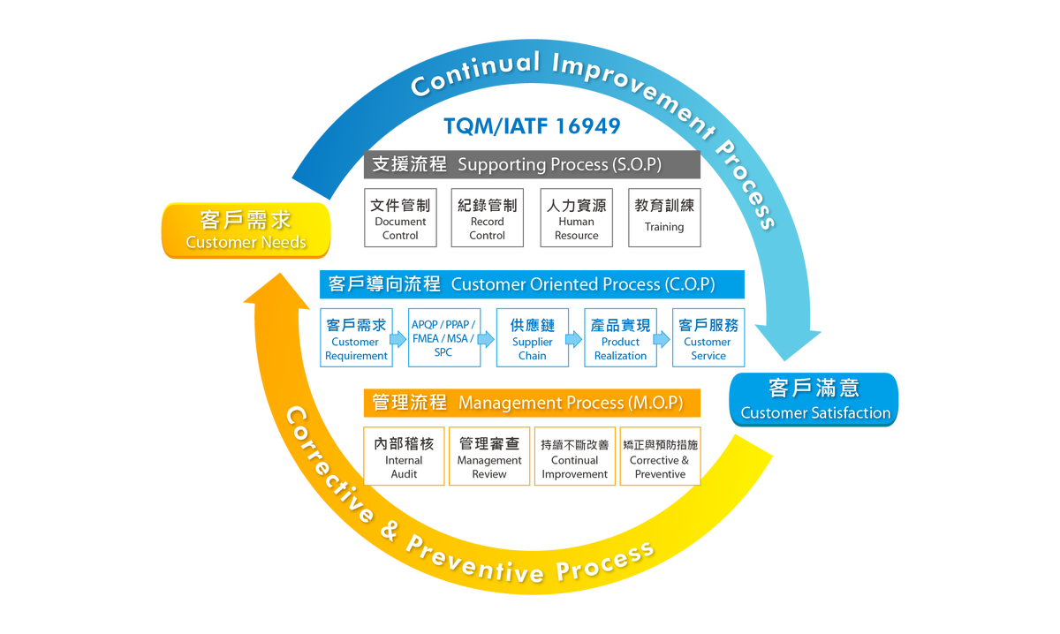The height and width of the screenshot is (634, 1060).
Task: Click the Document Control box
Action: click(400, 217)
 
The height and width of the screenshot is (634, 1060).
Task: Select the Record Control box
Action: click(488, 217)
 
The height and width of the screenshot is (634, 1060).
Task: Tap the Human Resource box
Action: click(576, 217)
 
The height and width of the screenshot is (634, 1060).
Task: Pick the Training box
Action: click(664, 217)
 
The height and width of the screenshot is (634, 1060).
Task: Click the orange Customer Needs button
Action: click(246, 230)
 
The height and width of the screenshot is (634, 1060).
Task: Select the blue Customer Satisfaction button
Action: click(814, 400)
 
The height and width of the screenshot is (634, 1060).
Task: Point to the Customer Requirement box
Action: click(356, 337)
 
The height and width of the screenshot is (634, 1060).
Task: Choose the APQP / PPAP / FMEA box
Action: click(443, 337)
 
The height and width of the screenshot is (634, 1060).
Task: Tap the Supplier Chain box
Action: click(533, 337)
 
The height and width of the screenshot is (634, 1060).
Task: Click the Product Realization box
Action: click(620, 337)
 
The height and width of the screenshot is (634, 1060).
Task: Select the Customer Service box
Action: click(708, 337)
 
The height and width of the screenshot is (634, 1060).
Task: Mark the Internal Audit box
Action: click(404, 456)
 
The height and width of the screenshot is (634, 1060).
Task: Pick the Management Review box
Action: click(489, 456)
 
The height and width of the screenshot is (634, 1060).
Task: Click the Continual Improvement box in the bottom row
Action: click(575, 456)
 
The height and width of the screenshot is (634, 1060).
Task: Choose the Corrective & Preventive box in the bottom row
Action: click(660, 456)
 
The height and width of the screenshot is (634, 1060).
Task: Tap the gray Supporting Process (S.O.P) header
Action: click(532, 165)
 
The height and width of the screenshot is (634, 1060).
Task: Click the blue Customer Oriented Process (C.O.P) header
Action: click(532, 284)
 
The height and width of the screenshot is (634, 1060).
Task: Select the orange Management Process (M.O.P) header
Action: click(532, 403)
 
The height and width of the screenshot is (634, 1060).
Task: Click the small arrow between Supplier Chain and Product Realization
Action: click(574, 338)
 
